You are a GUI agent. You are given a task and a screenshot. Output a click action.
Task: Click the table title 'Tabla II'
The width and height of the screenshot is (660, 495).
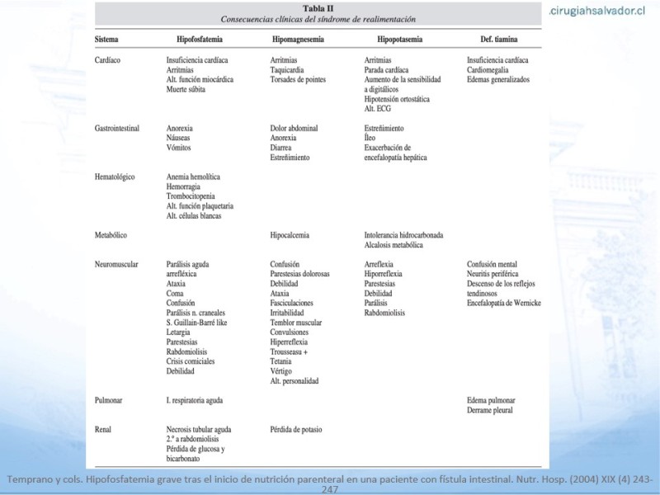tap(318, 8)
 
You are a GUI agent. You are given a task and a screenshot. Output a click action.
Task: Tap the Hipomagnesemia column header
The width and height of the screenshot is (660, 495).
tap(298, 40)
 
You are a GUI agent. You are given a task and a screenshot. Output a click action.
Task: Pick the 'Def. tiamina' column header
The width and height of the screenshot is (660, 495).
tap(499, 40)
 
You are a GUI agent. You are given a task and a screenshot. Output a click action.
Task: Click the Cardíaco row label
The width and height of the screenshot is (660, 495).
tap(108, 60)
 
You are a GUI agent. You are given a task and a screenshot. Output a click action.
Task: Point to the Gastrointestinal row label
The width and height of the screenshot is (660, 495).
tap(116, 129)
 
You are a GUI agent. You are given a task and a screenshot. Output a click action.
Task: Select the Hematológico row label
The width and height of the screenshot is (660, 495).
tap(115, 177)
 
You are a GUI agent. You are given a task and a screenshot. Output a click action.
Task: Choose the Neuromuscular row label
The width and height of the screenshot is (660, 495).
tap(116, 264)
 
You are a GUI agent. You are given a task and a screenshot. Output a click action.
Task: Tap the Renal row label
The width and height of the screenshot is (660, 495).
tap(104, 430)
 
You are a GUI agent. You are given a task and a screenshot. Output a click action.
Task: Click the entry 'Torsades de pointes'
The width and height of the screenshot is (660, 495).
tap(298, 80)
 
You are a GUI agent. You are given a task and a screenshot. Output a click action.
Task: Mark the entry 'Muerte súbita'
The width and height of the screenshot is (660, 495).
tap(189, 89)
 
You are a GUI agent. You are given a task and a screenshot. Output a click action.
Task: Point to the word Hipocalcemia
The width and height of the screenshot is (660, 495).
tap(290, 235)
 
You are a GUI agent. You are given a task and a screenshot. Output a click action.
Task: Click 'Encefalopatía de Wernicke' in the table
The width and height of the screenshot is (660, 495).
tap(503, 304)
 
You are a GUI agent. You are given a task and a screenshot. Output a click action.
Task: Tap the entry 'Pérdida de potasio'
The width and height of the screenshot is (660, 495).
tap(295, 430)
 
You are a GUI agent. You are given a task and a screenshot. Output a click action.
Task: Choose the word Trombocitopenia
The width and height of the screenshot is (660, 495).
tap(194, 196)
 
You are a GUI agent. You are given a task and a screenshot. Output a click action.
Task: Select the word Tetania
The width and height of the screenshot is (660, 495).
tap(281, 361)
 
